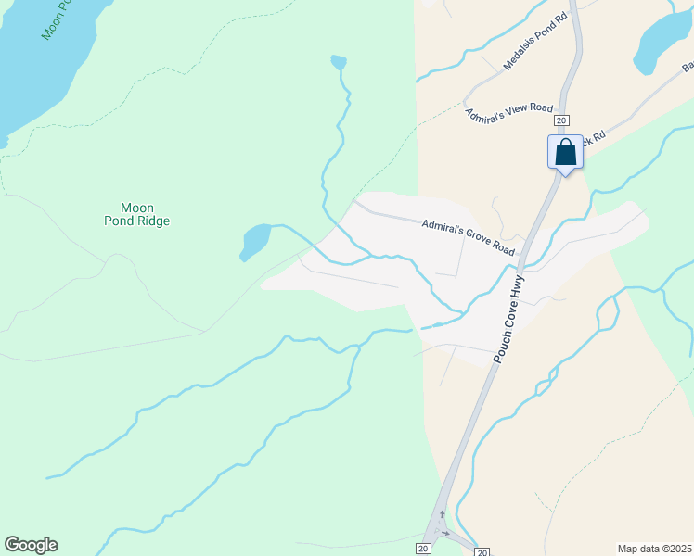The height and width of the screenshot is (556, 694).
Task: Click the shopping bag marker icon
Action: (x=565, y=152)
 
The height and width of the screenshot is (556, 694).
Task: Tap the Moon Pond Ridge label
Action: (x=137, y=214)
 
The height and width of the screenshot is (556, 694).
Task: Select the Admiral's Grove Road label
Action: (x=468, y=237)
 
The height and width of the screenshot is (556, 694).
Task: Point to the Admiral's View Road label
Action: (x=508, y=108)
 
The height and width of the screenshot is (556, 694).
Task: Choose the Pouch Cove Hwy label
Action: (x=509, y=317)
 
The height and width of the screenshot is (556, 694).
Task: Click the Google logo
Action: (x=31, y=545)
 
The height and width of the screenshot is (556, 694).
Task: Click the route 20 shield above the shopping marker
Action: (x=561, y=120)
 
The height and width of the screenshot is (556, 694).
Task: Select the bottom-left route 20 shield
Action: (x=422, y=550)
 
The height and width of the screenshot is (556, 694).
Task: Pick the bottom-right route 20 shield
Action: (x=482, y=552)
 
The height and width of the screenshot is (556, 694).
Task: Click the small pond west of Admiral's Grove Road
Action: (x=253, y=241)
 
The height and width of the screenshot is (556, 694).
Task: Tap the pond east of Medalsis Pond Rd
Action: (x=664, y=42)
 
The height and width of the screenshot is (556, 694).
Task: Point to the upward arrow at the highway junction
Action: (x=442, y=514)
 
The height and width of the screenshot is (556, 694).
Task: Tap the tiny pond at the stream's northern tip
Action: (x=339, y=62)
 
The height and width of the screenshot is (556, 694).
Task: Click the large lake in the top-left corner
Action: (x=37, y=65)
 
